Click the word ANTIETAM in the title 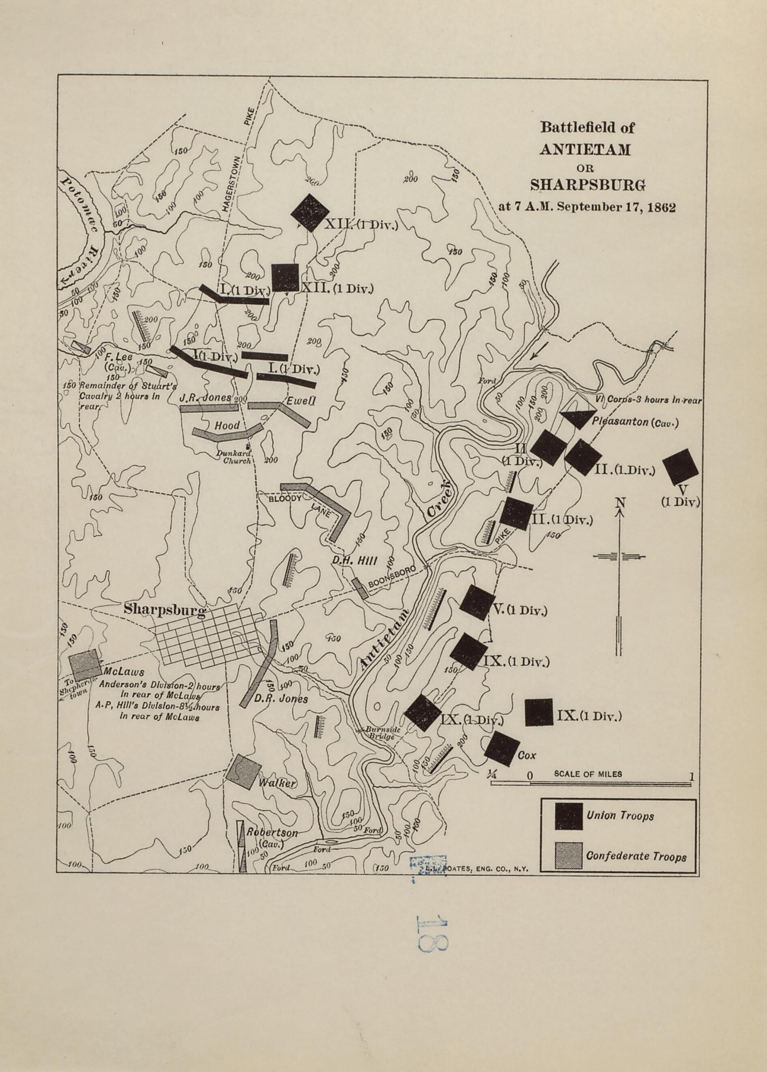coord(585,149)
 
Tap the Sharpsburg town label coord(164,610)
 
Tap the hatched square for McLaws coord(84,664)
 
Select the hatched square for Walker coord(243,772)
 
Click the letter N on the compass coord(620,503)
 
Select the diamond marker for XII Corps coord(309,213)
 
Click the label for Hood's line coord(227,425)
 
